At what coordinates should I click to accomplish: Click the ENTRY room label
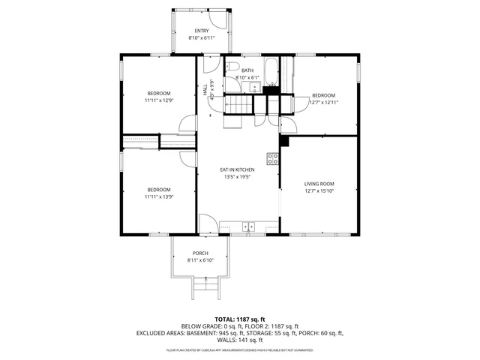(201, 31)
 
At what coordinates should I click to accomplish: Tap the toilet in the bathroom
(230, 66)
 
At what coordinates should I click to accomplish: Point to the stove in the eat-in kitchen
(273, 158)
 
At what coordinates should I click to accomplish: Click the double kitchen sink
(248, 225)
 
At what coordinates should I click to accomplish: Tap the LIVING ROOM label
(319, 184)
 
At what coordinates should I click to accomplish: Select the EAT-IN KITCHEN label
(235, 170)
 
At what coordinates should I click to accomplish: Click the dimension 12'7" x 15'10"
(319, 191)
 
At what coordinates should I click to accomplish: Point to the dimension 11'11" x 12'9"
(158, 100)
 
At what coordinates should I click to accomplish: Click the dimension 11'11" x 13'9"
(158, 196)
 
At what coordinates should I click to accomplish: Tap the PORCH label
(200, 253)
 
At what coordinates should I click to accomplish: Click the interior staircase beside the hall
(238, 103)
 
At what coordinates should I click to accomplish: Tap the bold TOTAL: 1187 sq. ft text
(239, 319)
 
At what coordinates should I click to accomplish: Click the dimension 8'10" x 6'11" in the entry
(201, 37)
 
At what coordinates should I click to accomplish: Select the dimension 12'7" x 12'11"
(323, 103)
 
